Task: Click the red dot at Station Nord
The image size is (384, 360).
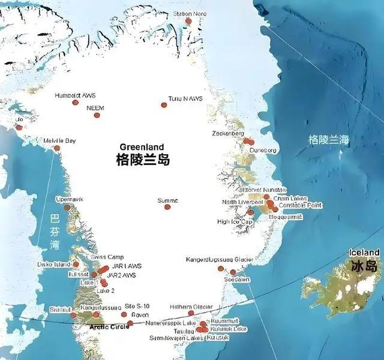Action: click(188, 21)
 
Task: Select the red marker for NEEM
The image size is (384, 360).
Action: click(97, 115)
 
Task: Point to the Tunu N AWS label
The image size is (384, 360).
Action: click(185, 98)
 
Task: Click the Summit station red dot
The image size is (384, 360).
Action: click(167, 207)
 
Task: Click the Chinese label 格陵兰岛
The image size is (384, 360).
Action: click(143, 160)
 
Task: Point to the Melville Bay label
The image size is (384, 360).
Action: click(60, 141)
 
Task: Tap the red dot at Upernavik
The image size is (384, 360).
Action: click(67, 208)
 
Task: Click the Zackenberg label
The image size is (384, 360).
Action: click(228, 133)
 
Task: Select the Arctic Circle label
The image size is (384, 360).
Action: click(109, 327)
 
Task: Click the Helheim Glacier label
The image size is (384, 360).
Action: click(191, 307)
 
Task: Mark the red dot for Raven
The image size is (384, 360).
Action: click(130, 323)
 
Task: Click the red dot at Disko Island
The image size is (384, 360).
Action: click(76, 264)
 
